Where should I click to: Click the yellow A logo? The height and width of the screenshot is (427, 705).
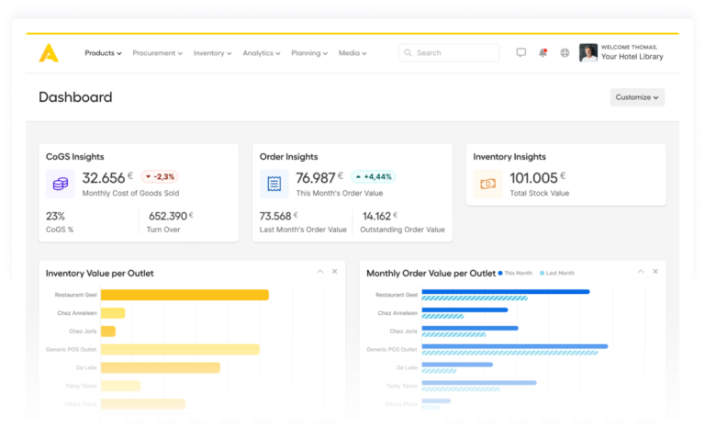coord(49,53)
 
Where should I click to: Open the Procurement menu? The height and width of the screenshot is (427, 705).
coord(157,53)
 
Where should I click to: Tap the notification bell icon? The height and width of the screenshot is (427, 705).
coord(543,53)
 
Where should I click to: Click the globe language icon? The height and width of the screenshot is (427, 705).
coord(565,53)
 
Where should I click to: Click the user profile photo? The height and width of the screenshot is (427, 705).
coord(588,53)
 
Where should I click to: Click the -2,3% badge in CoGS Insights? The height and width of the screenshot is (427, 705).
coord(160,176)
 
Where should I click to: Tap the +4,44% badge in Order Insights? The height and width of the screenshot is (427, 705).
coord(373,176)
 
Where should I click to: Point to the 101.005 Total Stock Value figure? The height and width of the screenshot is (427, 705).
coord(533,178)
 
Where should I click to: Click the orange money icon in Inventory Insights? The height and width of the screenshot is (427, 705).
coord(487,184)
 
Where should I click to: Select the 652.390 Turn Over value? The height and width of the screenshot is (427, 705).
coord(166,216)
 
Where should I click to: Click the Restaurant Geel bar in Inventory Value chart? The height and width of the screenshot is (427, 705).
coord(185,295)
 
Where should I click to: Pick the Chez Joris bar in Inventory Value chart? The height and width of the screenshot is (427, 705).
coord(108,331)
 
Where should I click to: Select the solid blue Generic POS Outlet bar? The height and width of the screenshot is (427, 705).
coord(513,346)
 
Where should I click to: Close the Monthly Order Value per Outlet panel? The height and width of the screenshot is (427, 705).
coord(655,272)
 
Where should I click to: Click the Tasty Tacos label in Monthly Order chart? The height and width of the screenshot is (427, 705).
coord(401,386)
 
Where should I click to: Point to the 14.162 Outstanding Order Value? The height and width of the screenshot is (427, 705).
coord(379,216)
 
